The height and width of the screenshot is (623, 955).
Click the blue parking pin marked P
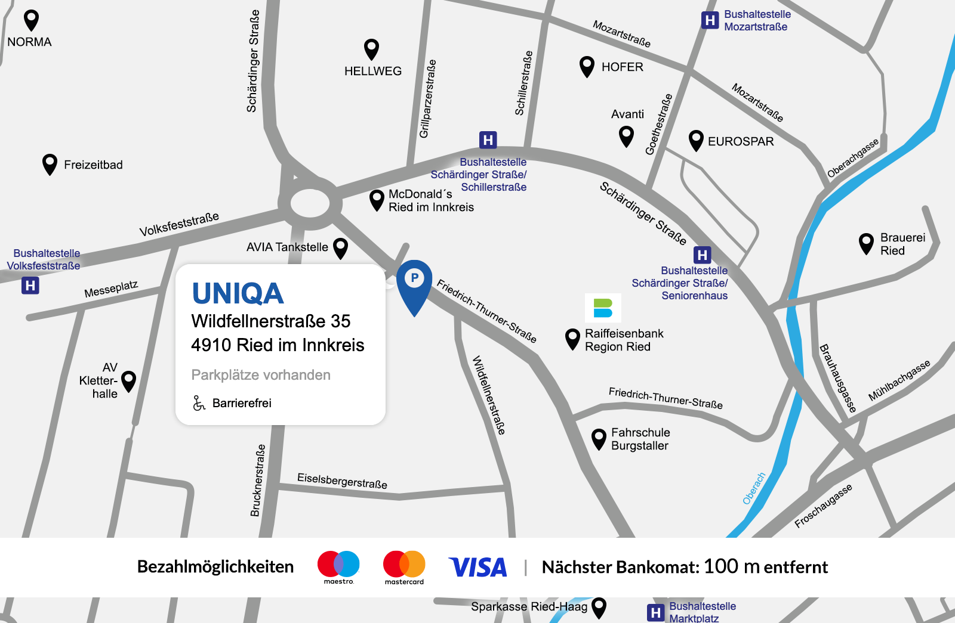coord(414,284)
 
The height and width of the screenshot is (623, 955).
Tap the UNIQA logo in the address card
coord(238,293)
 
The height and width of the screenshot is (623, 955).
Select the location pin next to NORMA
coord(31,20)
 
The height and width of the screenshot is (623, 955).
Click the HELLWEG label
coord(373,71)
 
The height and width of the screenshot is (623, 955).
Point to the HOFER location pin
coord(587,66)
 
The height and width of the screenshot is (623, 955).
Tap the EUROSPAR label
coord(741,141)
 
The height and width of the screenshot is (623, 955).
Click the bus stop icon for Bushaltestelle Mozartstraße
coord(710,20)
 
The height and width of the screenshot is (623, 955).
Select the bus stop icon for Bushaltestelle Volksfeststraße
coord(30,286)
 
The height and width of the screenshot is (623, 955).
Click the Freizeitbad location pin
coord(50,164)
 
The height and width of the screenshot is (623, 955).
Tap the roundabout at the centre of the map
coord(310,203)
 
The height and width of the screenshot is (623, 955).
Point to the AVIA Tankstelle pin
coord(341,247)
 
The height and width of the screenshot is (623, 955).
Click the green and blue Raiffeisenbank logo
coord(603,308)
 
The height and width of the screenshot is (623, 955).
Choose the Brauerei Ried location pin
coord(866,243)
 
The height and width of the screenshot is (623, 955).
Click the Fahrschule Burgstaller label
coord(640,439)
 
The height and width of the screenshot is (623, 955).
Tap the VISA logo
coord(478,567)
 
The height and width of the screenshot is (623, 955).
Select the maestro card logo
coord(338,566)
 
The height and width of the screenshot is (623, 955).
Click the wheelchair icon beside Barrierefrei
coord(199,403)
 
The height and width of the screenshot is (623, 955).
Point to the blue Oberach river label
coord(754,488)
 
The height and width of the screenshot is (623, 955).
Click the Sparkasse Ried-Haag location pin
coord(599,607)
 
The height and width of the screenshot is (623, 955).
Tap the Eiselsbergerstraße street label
coord(342,481)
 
